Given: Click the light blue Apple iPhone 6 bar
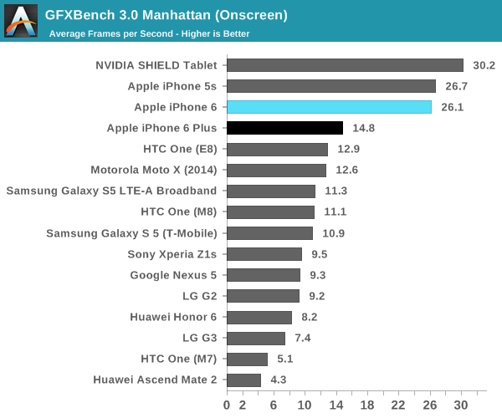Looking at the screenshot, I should (329, 107).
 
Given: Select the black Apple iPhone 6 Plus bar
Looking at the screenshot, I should (284, 128).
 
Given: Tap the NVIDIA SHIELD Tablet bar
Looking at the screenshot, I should (345, 65).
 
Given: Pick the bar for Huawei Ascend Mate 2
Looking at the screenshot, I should (243, 380).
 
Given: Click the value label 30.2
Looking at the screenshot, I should (484, 65).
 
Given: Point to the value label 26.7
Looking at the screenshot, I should (457, 86).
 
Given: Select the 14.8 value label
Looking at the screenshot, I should (364, 128).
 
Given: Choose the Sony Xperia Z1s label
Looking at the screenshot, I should (172, 254).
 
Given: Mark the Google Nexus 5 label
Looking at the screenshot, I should (173, 275).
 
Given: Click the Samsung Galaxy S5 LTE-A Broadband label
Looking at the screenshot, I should (111, 191).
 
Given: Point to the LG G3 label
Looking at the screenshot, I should (199, 339).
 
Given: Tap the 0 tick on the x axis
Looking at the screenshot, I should (227, 405).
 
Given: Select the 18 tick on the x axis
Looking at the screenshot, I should (367, 405).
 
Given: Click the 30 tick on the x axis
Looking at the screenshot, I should (461, 405).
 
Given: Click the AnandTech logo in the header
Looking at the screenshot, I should (21, 19).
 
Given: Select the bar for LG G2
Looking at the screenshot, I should (263, 296).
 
